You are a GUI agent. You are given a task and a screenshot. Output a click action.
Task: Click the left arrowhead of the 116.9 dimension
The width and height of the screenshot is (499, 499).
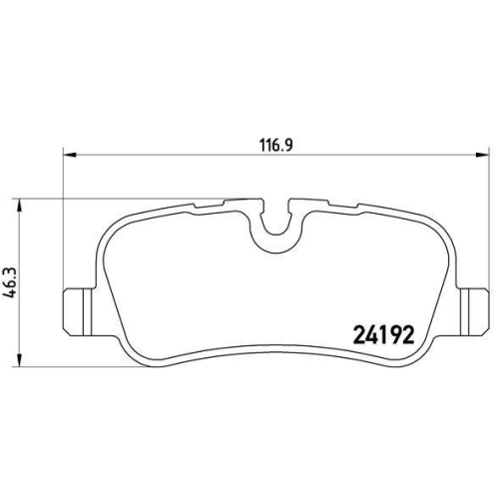67,155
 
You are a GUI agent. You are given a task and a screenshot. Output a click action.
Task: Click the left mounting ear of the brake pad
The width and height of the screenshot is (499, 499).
75,312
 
